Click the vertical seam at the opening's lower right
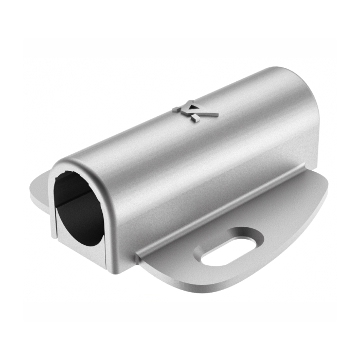106,252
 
